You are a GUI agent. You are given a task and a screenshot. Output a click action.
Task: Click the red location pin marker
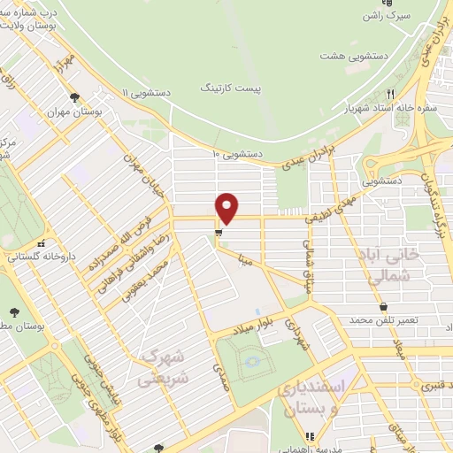227,207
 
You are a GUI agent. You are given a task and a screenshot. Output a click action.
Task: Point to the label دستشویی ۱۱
145,92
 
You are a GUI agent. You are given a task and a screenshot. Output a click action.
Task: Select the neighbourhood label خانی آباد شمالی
388,263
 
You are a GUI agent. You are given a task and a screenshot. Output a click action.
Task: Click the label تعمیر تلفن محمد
388,319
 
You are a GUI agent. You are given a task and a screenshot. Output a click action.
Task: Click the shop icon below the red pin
217,234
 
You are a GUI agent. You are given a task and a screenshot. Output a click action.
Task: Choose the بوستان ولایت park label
35,27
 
